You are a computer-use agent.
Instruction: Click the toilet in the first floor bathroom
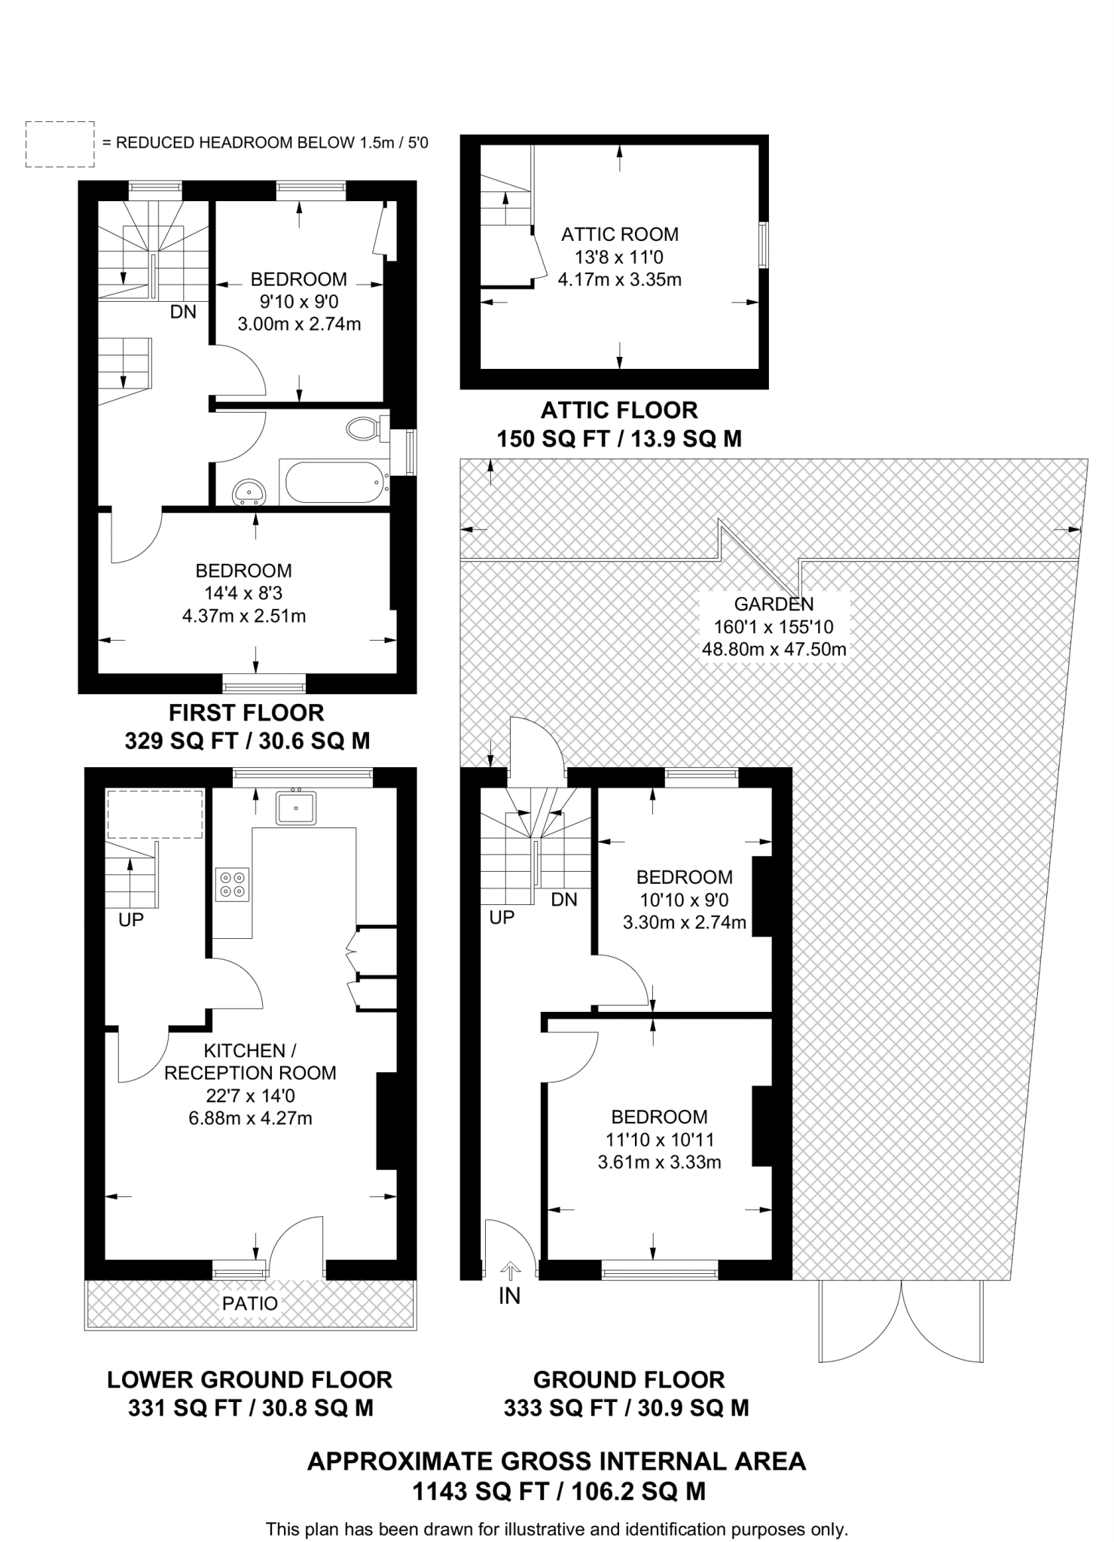(365, 429)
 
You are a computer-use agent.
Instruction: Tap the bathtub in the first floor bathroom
(334, 482)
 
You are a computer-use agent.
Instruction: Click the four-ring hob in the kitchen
(231, 884)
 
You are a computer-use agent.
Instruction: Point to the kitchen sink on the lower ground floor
(296, 807)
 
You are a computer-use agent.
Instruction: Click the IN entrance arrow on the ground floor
(510, 1272)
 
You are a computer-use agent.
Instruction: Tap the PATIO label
(250, 1303)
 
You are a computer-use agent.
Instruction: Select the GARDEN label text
(774, 604)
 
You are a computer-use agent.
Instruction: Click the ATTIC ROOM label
(619, 234)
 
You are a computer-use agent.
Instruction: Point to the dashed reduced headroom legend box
(60, 144)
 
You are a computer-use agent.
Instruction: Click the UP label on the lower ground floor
(131, 919)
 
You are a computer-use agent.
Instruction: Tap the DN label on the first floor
(183, 312)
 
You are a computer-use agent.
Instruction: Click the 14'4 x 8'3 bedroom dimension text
(243, 593)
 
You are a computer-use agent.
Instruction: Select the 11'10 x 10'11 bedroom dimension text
(659, 1139)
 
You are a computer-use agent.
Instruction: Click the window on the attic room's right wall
(763, 245)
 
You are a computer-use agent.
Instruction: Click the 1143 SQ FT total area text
(557, 1492)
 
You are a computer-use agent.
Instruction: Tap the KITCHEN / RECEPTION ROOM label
(250, 1062)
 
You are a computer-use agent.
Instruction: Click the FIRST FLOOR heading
(246, 712)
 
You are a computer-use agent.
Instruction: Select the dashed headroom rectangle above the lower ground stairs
(155, 814)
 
